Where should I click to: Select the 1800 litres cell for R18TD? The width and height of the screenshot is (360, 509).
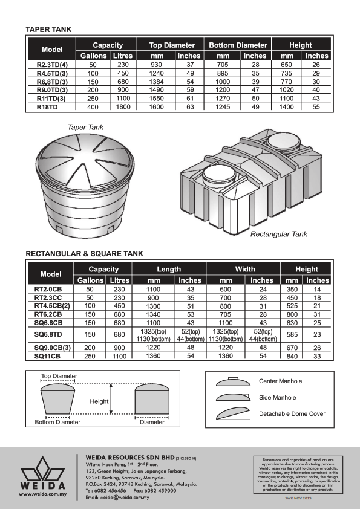coord(123,107)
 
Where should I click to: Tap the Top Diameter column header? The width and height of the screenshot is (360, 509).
coord(172,45)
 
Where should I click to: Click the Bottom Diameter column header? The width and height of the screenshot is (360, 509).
coord(238,45)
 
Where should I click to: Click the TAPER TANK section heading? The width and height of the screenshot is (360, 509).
coord(48,29)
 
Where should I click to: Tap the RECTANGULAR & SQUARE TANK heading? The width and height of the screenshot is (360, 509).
coord(84,253)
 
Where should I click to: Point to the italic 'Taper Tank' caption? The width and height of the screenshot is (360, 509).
coord(85,128)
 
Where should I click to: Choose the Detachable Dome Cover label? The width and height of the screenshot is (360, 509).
coord(292,414)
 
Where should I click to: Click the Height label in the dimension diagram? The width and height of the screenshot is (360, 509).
coord(99,401)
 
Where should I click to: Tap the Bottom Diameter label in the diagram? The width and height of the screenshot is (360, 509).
coord(57,422)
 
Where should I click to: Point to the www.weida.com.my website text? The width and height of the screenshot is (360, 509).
coord(42,494)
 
